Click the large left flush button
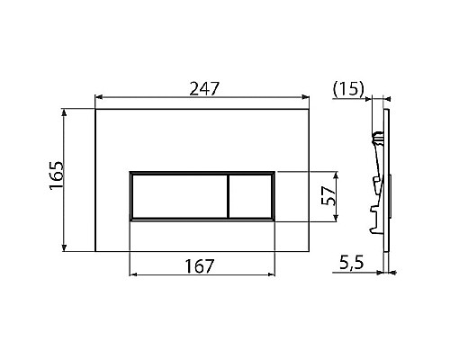(x=179, y=194)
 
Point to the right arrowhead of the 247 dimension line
(x=309, y=99)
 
